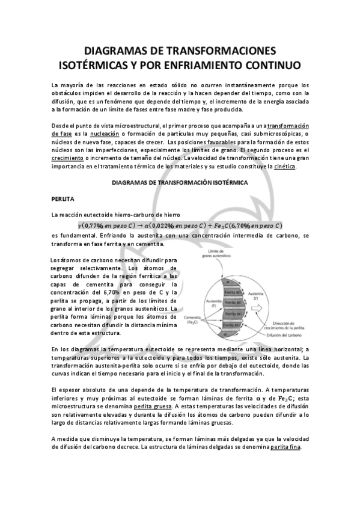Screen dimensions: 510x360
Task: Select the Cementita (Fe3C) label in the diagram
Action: (194, 319)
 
